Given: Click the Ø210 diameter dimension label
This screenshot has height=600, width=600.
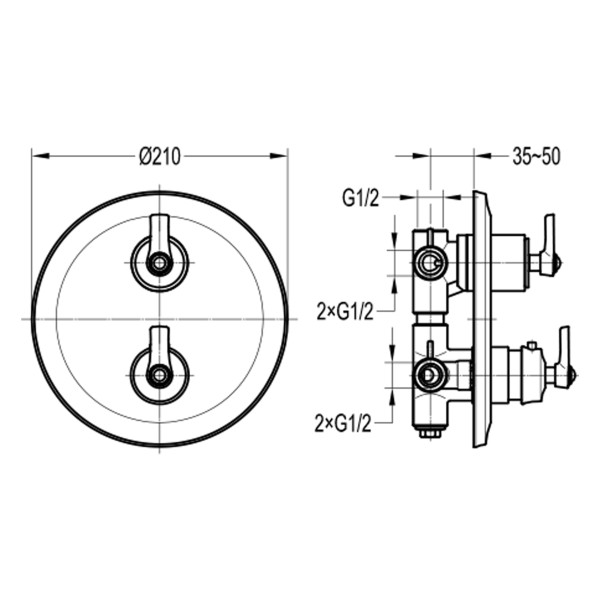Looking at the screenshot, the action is [159, 157].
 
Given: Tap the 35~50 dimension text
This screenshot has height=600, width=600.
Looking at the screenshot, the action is [536, 157].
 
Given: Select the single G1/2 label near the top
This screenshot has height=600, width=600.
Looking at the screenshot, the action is [360, 199].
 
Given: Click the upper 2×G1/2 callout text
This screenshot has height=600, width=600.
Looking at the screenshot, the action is [344, 312].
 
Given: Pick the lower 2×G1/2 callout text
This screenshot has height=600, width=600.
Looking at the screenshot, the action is [343, 424].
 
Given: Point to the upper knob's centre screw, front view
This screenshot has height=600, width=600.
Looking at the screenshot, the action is [159, 263].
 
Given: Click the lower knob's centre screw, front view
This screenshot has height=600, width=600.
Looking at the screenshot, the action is [159, 375].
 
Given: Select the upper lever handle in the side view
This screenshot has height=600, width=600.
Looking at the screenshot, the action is [549, 245].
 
